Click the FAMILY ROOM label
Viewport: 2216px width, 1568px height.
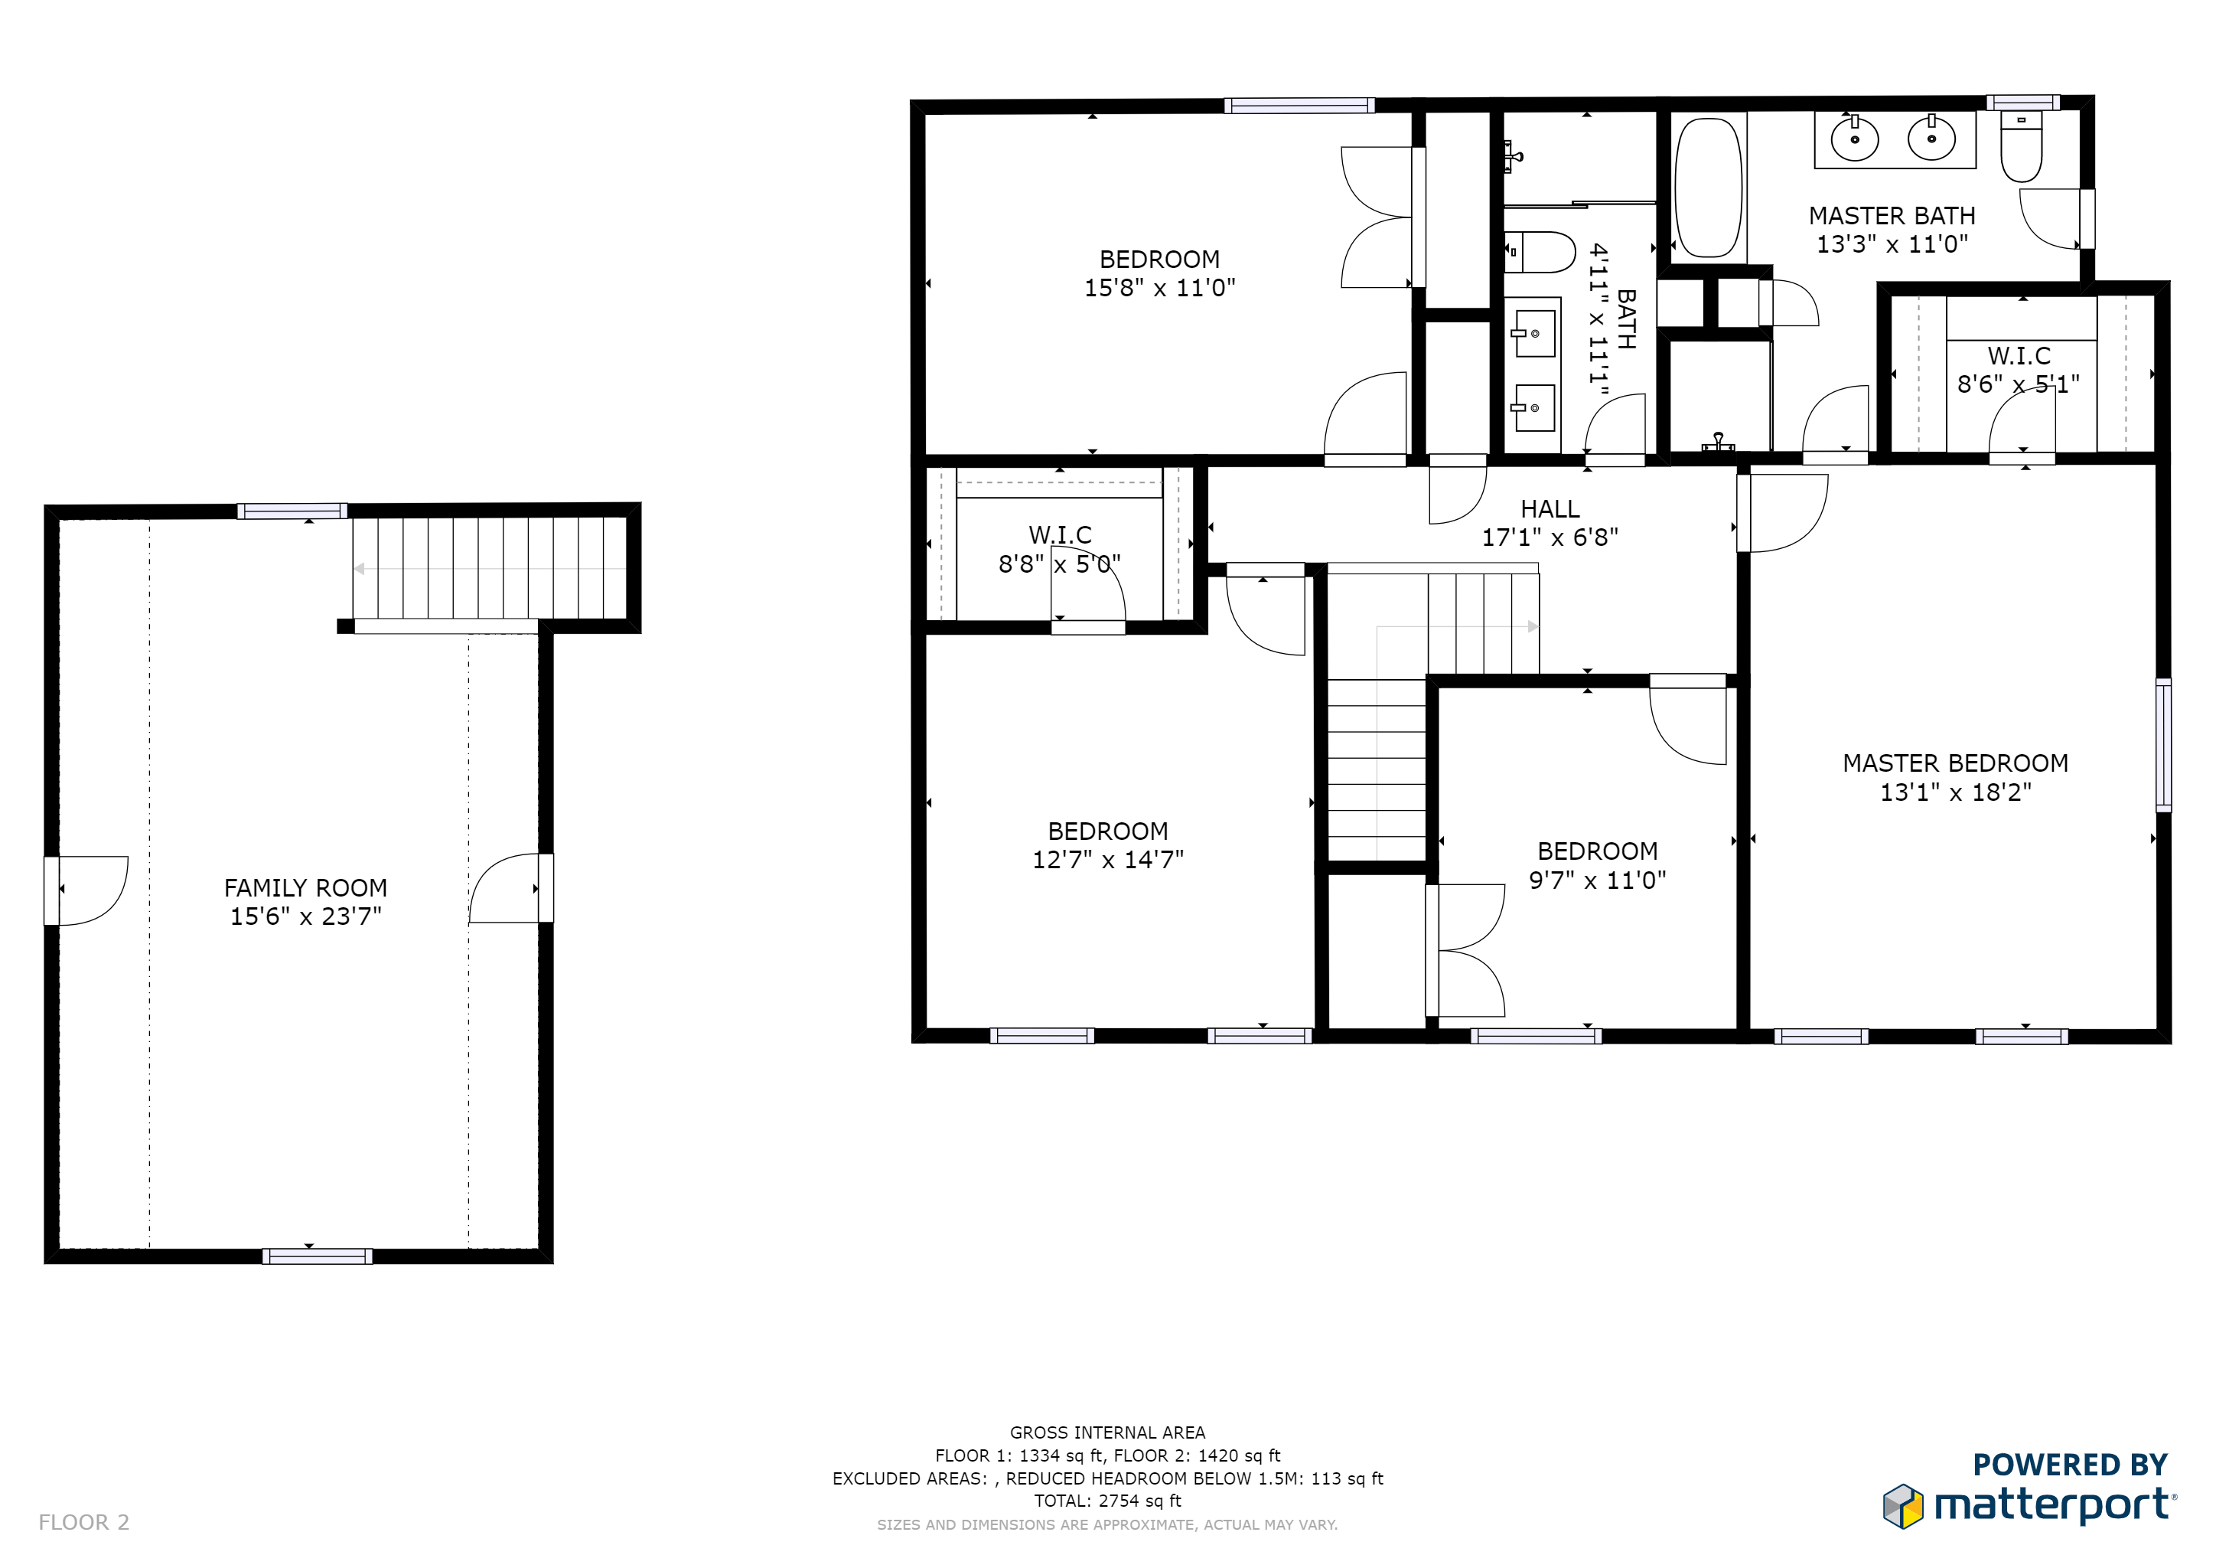click(x=305, y=887)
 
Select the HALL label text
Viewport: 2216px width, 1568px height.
click(x=1550, y=509)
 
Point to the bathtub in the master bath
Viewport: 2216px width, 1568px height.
click(x=1709, y=188)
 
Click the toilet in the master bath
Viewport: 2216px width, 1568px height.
click(x=2021, y=147)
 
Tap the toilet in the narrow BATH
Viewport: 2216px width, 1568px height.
click(x=1540, y=252)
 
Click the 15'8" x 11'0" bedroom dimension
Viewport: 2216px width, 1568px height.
click(x=1159, y=288)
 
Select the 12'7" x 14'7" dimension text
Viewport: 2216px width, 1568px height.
click(x=1108, y=859)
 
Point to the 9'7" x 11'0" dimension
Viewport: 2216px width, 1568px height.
click(x=1597, y=880)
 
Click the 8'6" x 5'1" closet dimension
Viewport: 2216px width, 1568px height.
click(x=2018, y=384)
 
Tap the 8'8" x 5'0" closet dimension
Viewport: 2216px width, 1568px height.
click(x=1060, y=563)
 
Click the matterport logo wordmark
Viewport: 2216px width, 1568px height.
click(x=2054, y=1506)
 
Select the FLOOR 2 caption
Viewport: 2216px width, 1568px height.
click(x=84, y=1523)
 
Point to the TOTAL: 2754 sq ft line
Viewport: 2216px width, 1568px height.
click(x=1108, y=1501)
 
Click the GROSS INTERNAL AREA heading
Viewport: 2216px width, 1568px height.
click(x=1108, y=1432)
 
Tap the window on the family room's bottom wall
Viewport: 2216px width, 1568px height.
click(x=318, y=1256)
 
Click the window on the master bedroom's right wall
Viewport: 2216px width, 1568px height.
click(x=2164, y=744)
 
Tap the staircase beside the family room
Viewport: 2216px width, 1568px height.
click(x=491, y=569)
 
